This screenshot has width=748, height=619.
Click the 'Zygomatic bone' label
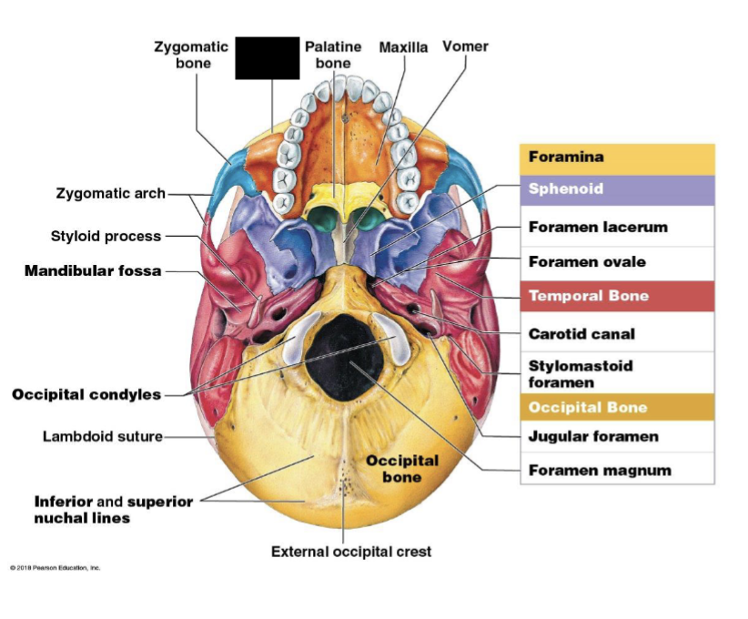190,55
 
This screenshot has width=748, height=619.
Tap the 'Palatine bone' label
332,55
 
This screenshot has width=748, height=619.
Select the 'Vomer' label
465,46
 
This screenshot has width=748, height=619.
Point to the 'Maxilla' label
403,46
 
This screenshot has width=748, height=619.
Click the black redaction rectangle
267,58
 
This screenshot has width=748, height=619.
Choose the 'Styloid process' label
106,237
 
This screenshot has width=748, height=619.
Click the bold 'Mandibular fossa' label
93,270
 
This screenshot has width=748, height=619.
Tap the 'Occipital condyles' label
86,394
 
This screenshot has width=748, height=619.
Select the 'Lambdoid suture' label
103,436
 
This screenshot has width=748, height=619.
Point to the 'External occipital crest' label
351,552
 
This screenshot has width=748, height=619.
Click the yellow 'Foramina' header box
617,158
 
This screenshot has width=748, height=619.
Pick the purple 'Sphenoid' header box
617,190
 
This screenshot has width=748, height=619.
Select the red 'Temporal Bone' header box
617,296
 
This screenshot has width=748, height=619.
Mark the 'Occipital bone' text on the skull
401,469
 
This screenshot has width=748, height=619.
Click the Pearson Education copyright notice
56,568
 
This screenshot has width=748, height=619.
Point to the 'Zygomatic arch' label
111,193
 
